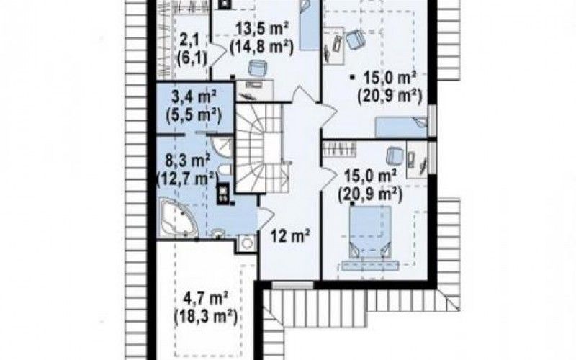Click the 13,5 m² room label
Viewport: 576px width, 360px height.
pyautogui.click(x=261, y=28)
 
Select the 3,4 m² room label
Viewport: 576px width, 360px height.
pyautogui.click(x=194, y=98)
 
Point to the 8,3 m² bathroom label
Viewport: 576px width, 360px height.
pyautogui.click(x=187, y=161)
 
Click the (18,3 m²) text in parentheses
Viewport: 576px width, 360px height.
pyautogui.click(x=204, y=315)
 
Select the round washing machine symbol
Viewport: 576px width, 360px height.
pyautogui.click(x=247, y=243)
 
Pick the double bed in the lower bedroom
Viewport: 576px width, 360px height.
pyautogui.click(x=369, y=238)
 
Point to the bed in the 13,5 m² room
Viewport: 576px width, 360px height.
pyautogui.click(x=310, y=25)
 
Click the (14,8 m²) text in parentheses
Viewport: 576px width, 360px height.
pyautogui.click(x=261, y=47)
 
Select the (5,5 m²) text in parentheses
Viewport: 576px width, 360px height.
pyautogui.click(x=194, y=116)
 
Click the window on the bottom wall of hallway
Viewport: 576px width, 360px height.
pyautogui.click(x=293, y=285)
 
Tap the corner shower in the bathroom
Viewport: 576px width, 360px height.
pyautogui.click(x=223, y=148)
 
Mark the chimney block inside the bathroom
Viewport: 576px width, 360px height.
pyautogui.click(x=222, y=193)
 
